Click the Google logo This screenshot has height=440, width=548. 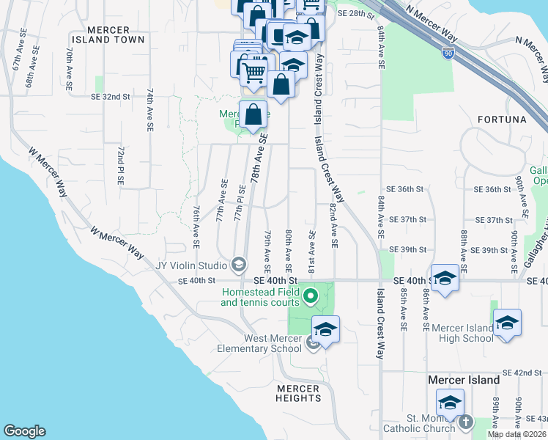click(x=24, y=431)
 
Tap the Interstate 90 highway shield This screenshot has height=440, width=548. click(x=448, y=52)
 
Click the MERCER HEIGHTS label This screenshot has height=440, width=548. click(x=298, y=394)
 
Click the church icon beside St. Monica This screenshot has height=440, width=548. click(x=465, y=422)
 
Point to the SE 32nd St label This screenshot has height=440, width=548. click(x=111, y=97)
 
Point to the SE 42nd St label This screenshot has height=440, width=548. click(x=522, y=373)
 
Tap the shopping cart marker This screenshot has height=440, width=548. click(x=253, y=72)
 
